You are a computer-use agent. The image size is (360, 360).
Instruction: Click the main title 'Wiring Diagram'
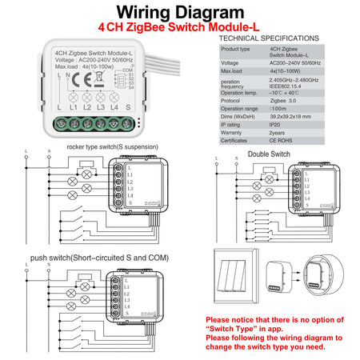tap(179, 13)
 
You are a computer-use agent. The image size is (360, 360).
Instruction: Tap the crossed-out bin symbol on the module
tap(80, 80)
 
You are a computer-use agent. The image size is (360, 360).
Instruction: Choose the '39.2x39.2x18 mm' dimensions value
tap(293, 116)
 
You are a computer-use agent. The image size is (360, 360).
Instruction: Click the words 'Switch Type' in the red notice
tap(231, 327)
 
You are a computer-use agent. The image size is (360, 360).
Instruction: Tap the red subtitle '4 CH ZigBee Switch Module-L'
tap(179, 28)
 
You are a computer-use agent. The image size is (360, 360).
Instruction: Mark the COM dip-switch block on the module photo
tap(121, 80)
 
